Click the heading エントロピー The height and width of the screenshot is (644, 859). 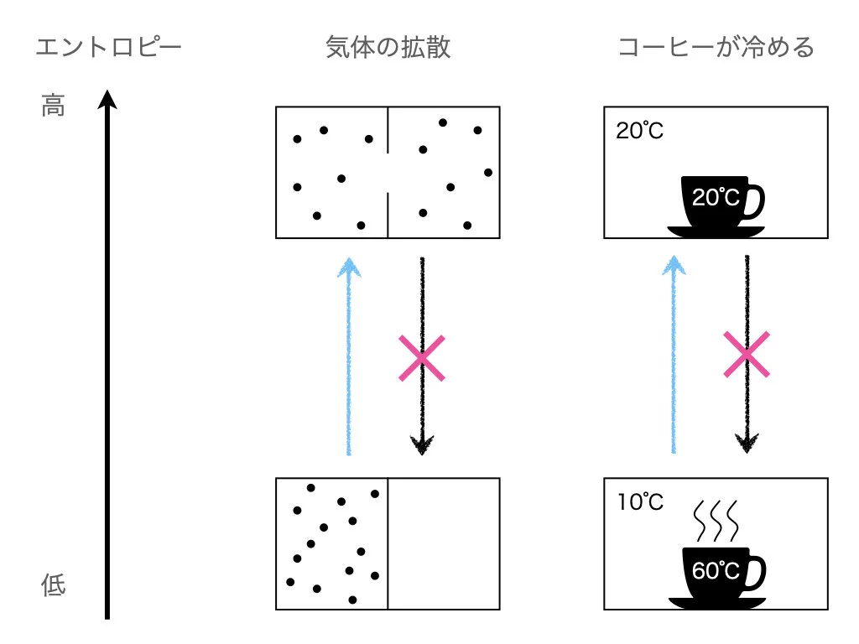tap(108, 47)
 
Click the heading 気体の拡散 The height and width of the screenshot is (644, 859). tap(388, 47)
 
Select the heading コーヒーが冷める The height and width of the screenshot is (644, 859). tap(716, 47)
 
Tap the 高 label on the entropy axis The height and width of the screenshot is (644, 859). tap(53, 106)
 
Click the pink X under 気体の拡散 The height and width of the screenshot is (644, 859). tap(421, 357)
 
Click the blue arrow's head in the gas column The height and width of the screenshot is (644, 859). tap(348, 266)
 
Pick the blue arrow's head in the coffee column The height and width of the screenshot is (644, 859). tap(673, 266)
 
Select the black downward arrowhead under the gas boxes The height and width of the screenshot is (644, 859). tap(422, 444)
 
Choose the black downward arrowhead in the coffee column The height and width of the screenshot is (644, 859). tap(747, 443)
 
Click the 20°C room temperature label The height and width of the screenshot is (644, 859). tap(639, 132)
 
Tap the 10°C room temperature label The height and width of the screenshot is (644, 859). tap(639, 502)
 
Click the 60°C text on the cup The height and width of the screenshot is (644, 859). tap(716, 571)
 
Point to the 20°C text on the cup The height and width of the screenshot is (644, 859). tap(716, 198)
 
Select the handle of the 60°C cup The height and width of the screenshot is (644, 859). tap(755, 570)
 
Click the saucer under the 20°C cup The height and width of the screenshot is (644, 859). tap(716, 231)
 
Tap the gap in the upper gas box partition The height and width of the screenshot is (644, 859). tap(388, 173)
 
